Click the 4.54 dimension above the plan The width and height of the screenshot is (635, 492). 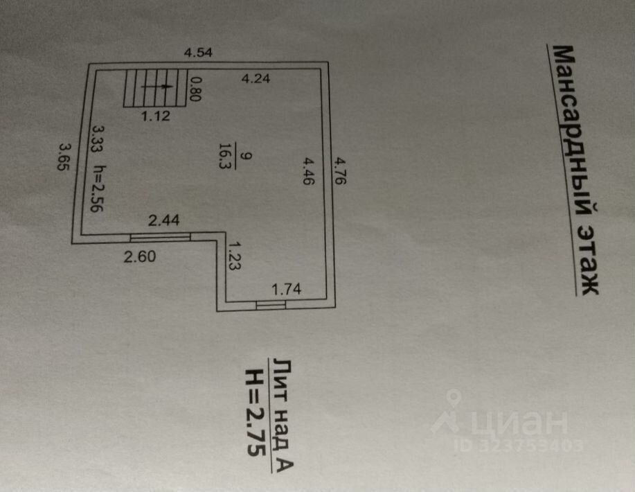[197, 52]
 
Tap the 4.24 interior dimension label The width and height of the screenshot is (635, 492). [256, 79]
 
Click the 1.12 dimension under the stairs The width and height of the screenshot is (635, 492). [156, 117]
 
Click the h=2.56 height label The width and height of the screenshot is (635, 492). [99, 187]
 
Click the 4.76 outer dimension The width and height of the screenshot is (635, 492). [339, 170]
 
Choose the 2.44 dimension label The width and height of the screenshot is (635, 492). [164, 221]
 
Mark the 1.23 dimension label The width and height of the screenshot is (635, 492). [234, 256]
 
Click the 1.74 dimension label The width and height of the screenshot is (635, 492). [285, 288]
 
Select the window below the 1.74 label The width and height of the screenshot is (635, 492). [271, 304]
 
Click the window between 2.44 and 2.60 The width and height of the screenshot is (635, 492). [161, 238]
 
